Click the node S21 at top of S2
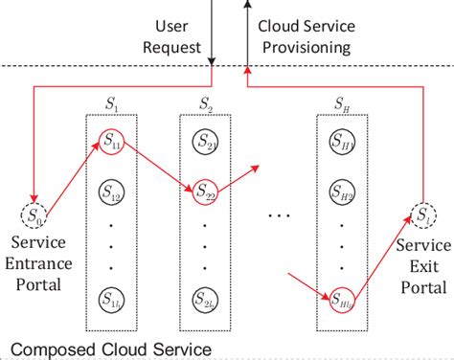tap(206, 145)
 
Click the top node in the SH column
tap(342, 145)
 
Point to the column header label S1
tap(113, 102)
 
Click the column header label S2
tap(206, 102)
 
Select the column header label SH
tap(342, 102)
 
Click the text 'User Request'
tap(173, 35)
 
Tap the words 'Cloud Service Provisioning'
tap(305, 35)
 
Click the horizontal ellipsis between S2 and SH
tap(279, 215)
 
